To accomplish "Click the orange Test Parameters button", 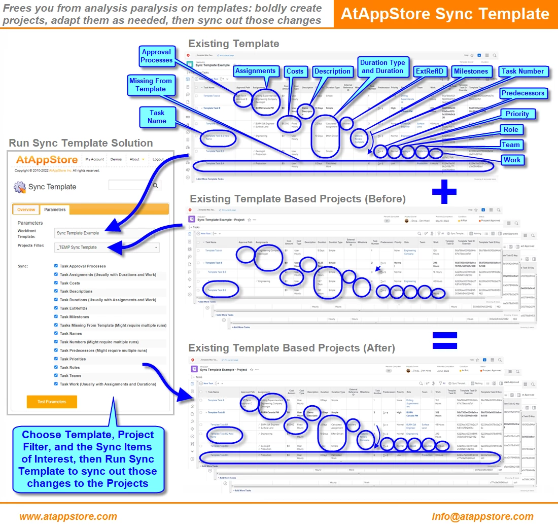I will point(52,402).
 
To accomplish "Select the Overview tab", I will point(26,209).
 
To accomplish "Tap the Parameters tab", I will point(54,209).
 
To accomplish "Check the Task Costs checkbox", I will point(56,283).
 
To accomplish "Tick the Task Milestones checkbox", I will point(56,316).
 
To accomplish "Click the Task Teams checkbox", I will point(56,376).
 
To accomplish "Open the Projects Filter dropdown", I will point(107,248).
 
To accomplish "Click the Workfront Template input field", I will point(107,233).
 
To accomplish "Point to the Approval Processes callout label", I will point(157,56).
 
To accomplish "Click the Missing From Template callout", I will point(151,85).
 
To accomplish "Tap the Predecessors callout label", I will point(522,93).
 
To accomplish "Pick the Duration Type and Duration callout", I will point(382,67).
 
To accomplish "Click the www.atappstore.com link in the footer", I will point(68,516).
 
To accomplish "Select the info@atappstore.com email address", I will point(482,516).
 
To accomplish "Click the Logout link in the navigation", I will point(158,159).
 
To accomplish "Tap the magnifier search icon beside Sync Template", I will point(156,186).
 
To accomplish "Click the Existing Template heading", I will point(234,44).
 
